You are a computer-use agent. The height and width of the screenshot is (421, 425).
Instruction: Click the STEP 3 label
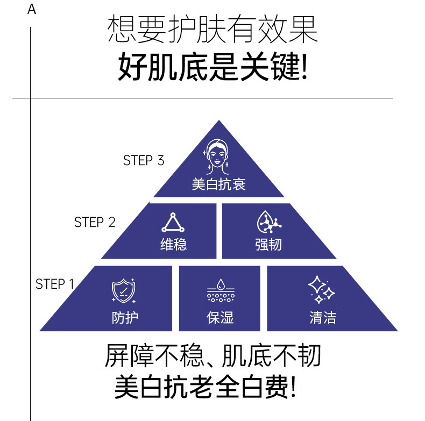click(143, 160)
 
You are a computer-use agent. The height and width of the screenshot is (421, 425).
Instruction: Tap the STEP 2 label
click(95, 222)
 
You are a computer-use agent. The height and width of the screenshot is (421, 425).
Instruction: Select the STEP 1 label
click(55, 284)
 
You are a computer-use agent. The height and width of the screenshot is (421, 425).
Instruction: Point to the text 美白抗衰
click(218, 184)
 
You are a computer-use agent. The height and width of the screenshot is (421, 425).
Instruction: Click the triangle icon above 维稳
click(173, 223)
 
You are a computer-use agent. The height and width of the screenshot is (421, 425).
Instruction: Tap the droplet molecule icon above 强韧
click(269, 223)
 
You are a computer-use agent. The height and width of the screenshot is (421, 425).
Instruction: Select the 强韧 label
click(268, 245)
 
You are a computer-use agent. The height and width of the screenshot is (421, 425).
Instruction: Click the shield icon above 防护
click(123, 291)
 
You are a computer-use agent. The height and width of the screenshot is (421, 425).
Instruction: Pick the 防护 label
click(125, 317)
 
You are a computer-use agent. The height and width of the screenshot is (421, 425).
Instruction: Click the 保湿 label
click(219, 317)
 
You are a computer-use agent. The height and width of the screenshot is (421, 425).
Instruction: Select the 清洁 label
click(323, 317)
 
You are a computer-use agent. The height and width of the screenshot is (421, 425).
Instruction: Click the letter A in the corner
click(32, 9)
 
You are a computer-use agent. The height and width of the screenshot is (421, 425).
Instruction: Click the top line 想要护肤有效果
click(212, 30)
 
